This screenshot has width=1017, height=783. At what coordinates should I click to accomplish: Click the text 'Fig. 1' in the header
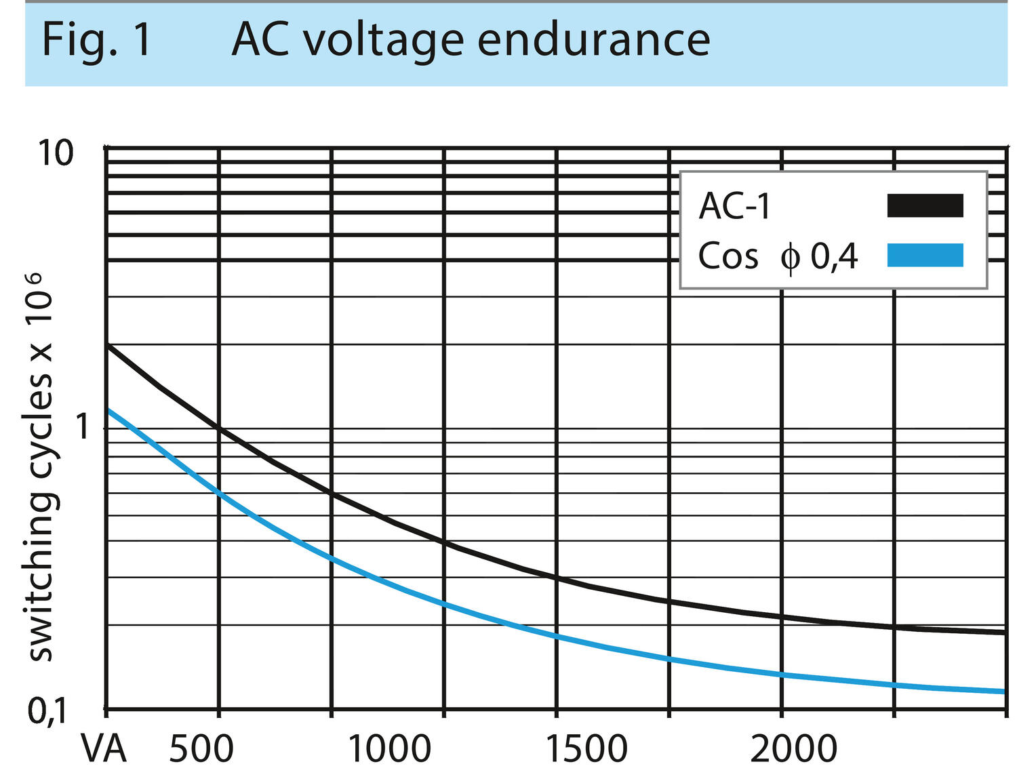[96, 39]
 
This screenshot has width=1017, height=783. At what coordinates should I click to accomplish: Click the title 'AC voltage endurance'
[471, 39]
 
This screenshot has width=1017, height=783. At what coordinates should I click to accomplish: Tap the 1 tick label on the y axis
[83, 427]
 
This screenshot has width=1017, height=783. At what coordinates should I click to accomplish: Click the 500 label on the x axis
[201, 749]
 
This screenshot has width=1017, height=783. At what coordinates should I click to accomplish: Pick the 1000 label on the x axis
[389, 749]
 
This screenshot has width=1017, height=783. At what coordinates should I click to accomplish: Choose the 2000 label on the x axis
[793, 749]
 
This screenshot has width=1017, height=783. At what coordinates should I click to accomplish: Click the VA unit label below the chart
[104, 749]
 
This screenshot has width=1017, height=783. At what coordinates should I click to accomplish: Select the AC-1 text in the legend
[735, 206]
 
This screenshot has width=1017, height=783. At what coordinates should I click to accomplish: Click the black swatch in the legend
[925, 205]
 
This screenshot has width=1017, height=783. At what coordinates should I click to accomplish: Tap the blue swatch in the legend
[925, 255]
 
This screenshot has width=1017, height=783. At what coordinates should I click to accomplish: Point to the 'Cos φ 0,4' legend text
[778, 256]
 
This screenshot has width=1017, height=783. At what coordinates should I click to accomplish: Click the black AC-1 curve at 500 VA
[218, 428]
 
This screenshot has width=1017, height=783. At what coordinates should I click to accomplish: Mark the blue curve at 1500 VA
[557, 637]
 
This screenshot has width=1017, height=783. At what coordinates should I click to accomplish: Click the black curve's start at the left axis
[108, 346]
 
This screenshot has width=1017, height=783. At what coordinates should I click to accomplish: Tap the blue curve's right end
[1003, 691]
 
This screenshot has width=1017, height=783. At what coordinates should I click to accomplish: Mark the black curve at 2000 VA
[782, 617]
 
